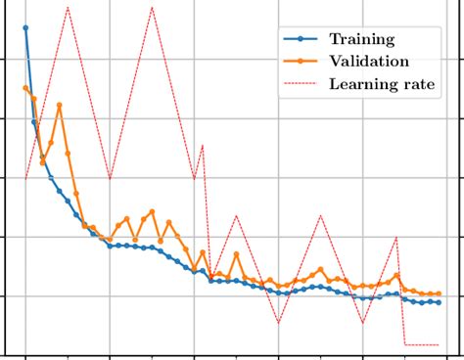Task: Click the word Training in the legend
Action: point(361,39)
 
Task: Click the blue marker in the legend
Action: point(301,39)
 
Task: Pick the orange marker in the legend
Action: point(301,61)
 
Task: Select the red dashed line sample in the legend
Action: point(301,83)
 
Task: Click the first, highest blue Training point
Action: point(25,28)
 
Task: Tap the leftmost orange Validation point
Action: point(25,88)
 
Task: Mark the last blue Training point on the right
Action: point(438,302)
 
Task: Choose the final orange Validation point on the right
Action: point(438,293)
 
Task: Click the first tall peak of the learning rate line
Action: point(68,8)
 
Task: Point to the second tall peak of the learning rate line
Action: point(153,8)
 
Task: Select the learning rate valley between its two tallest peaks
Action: point(110,179)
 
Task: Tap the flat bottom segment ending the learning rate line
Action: point(421,344)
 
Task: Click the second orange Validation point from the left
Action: point(34,99)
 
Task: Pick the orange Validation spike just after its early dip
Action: point(60,105)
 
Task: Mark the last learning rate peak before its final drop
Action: point(395,237)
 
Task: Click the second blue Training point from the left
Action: point(34,122)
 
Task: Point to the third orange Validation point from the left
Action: point(42,157)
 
